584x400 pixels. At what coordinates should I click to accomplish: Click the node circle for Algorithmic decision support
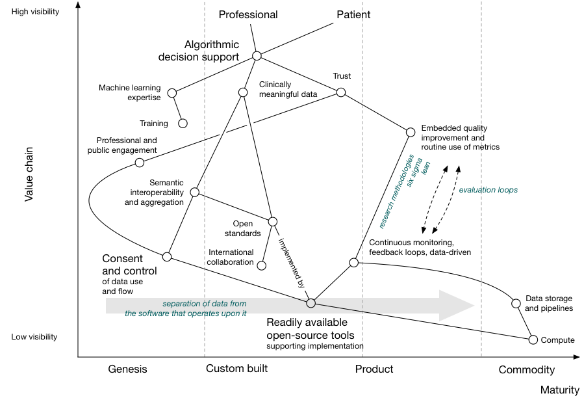point(257,55)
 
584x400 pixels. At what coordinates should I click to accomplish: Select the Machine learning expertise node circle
point(172,93)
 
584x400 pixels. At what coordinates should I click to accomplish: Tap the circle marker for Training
point(183,123)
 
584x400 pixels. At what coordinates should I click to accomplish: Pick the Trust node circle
point(341,92)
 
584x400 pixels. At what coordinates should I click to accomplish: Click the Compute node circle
point(533,340)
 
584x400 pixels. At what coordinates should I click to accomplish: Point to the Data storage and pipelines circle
point(516,303)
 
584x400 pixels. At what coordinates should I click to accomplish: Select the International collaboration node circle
point(262,265)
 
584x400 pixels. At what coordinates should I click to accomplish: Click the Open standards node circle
point(273,221)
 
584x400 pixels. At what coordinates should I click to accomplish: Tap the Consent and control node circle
point(167,256)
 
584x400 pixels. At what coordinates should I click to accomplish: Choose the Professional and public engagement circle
point(140,163)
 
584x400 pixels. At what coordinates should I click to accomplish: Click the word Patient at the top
point(353,15)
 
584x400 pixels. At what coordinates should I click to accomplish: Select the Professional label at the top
point(248,15)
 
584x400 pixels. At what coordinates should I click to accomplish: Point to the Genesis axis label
point(127,369)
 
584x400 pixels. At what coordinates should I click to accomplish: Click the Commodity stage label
point(526,370)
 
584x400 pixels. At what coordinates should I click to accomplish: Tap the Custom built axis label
point(237,369)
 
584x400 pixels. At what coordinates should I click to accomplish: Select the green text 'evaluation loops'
point(488,191)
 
